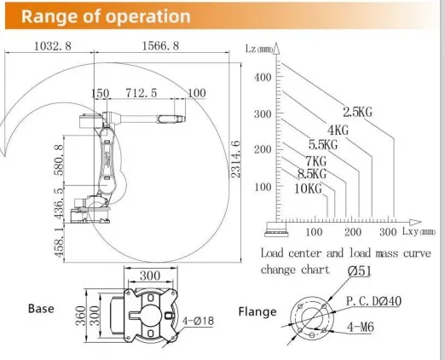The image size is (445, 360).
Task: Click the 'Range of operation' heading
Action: tap(106, 16)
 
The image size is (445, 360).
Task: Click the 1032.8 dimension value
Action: tap(53, 46)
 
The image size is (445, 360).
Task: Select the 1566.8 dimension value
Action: tap(160, 46)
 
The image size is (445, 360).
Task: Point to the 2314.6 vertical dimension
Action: tap(236, 160)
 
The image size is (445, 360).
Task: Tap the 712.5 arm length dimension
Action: tap(142, 93)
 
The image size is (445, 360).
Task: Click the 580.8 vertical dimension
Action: tap(60, 160)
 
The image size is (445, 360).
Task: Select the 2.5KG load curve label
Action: tap(357, 112)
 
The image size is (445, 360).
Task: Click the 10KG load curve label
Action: tap(308, 189)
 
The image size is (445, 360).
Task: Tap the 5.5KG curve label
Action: tap(323, 145)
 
